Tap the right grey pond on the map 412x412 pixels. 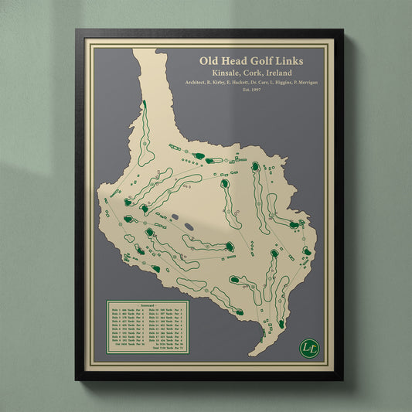[x=187, y=225]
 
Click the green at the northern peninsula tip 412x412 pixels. [x=144, y=104]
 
